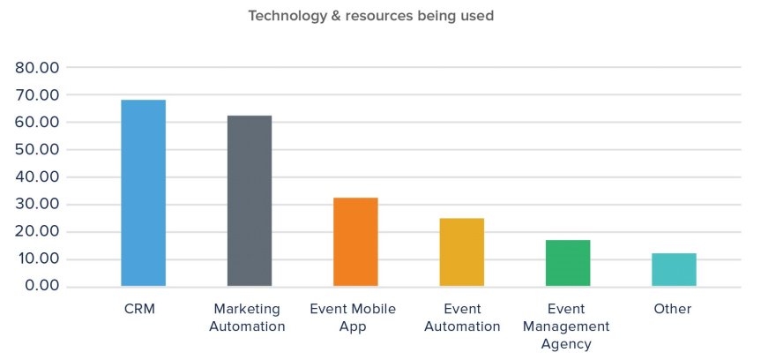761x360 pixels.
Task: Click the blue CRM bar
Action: click(x=143, y=193)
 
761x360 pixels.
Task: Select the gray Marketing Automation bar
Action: click(x=250, y=201)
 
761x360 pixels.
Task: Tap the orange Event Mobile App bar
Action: click(x=355, y=242)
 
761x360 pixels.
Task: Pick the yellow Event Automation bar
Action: click(x=462, y=252)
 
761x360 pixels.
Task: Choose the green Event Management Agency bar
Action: click(x=568, y=263)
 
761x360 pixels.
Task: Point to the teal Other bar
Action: click(x=674, y=270)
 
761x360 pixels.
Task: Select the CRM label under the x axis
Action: click(x=143, y=309)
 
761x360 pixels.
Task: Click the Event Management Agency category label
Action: click(x=568, y=326)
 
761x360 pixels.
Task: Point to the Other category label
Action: click(x=673, y=309)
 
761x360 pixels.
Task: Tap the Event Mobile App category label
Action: click(x=353, y=318)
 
